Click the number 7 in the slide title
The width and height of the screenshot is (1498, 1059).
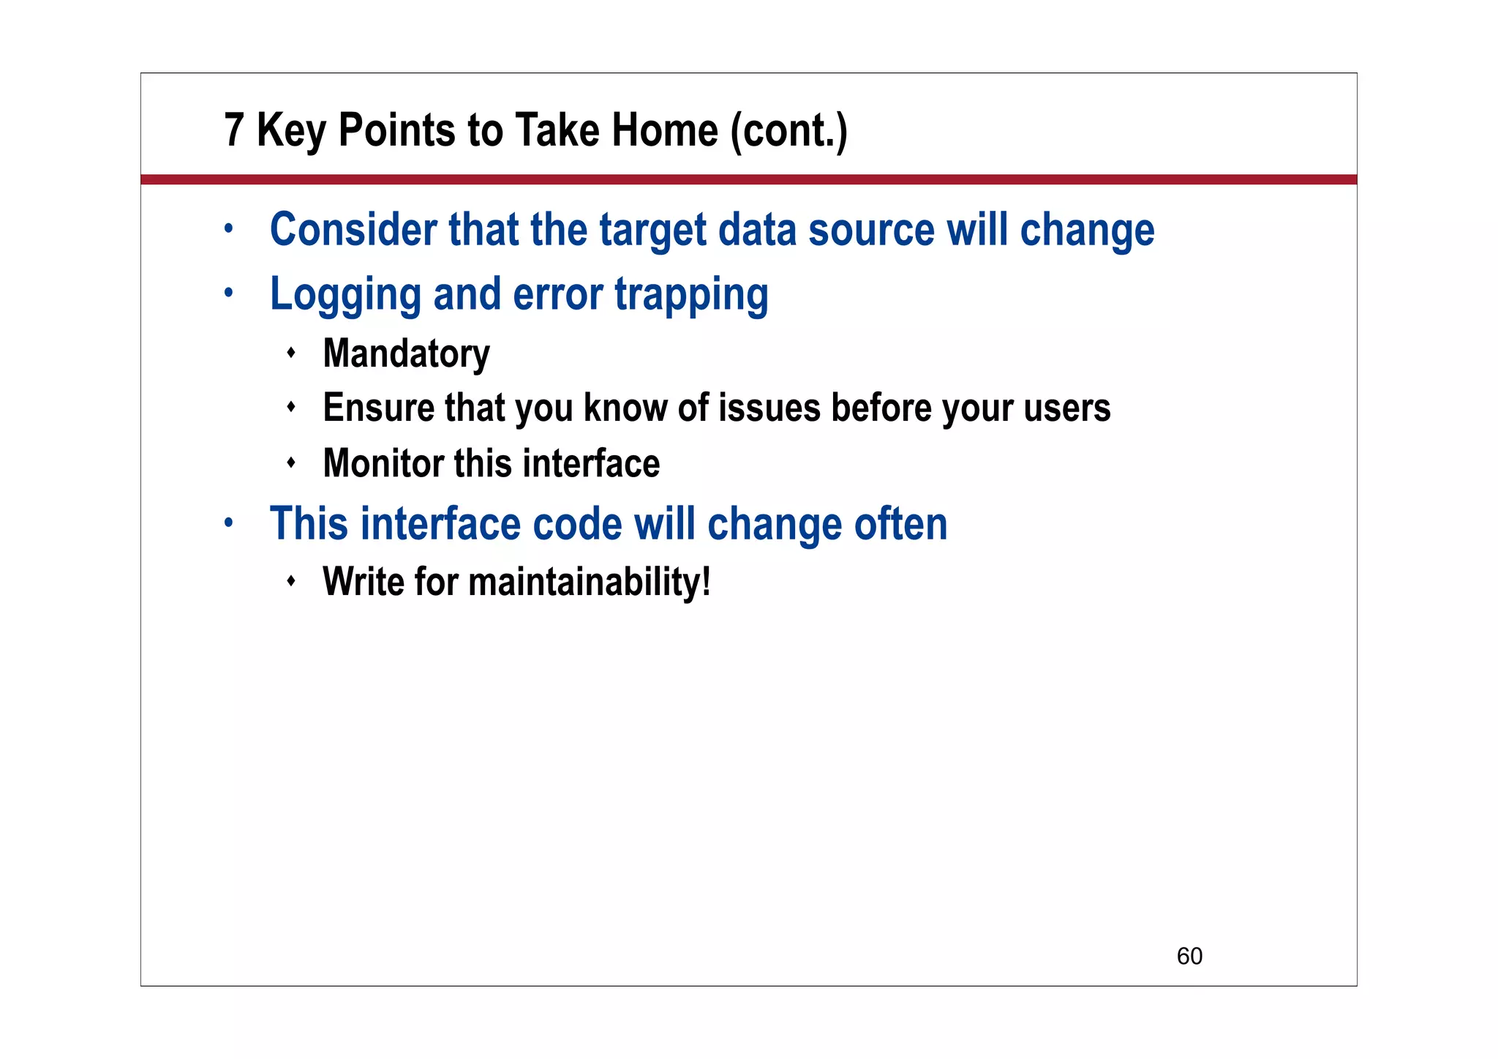click(x=233, y=130)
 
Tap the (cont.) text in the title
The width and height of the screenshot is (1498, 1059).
click(x=788, y=132)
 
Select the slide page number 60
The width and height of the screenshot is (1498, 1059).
click(x=1189, y=956)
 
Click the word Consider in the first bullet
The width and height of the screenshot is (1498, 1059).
click(x=353, y=230)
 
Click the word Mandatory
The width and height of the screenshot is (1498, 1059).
click(x=406, y=354)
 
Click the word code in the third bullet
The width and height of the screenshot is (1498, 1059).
click(x=577, y=524)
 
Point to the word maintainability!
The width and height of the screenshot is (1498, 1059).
click(x=589, y=583)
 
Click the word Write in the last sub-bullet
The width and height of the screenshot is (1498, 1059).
click(x=363, y=583)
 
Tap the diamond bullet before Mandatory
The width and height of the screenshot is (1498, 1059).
click(x=291, y=353)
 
